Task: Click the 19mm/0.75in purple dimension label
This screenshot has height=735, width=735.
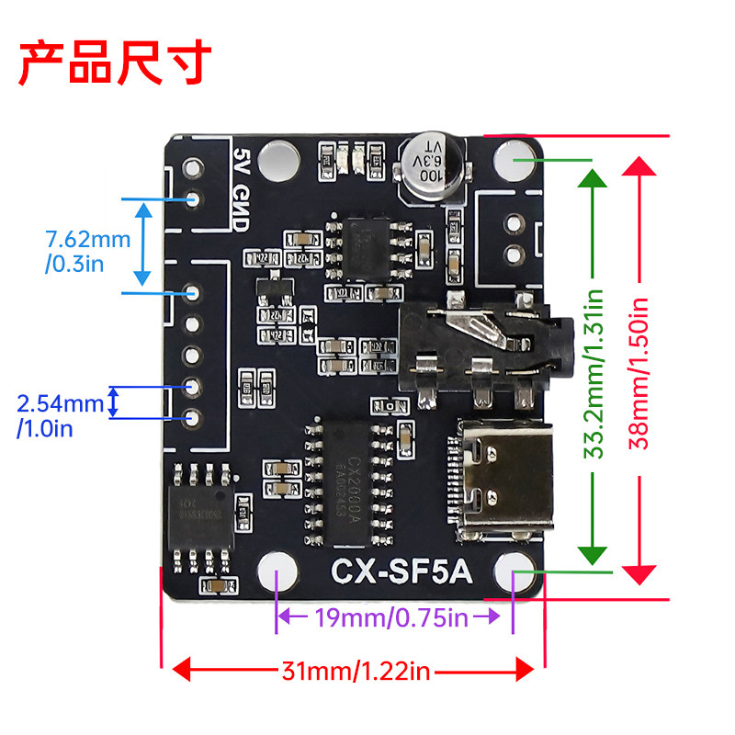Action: [x=393, y=617]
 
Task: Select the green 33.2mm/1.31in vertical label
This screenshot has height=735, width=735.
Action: [x=594, y=372]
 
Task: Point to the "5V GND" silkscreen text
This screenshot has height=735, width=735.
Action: [x=242, y=179]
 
